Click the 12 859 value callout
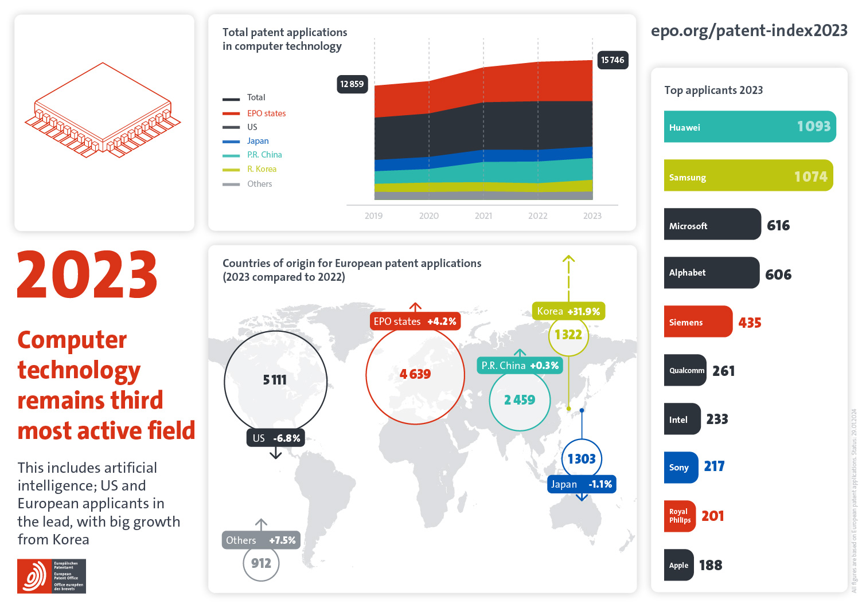click(352, 84)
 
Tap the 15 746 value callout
click(613, 60)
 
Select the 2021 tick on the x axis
click(483, 216)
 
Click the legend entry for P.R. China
click(264, 155)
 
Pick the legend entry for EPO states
click(266, 113)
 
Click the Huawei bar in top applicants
click(750, 127)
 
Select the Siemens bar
click(698, 322)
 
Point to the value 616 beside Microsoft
click(778, 226)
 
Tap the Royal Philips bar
click(680, 516)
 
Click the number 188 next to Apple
click(711, 566)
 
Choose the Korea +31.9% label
click(568, 311)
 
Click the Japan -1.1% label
click(582, 484)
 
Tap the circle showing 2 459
click(520, 400)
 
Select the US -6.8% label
click(276, 438)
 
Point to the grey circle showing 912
click(261, 564)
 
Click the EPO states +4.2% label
click(415, 321)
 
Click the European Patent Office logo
click(52, 576)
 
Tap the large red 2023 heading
click(87, 275)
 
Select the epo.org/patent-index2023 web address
click(749, 30)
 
